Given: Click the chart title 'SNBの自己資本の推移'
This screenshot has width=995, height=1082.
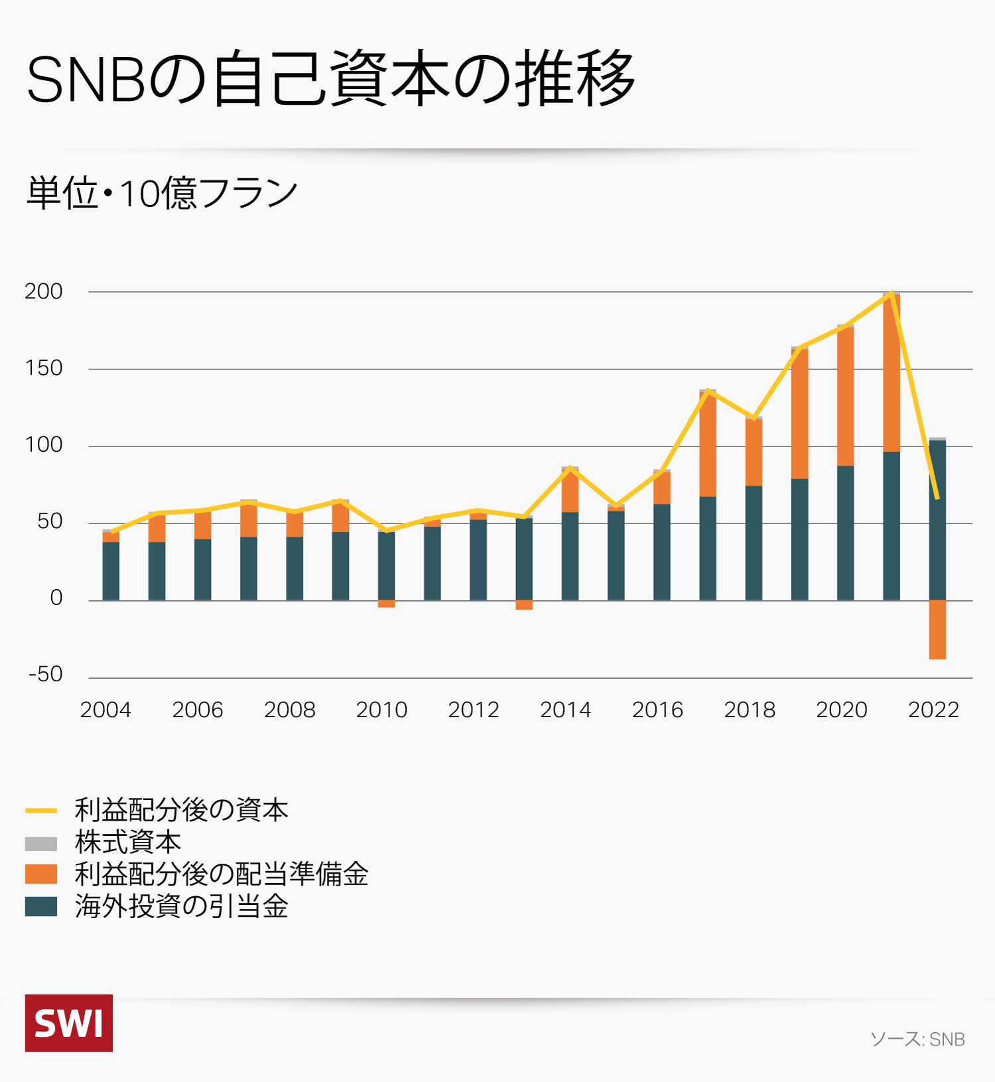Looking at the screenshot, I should pyautogui.click(x=330, y=78).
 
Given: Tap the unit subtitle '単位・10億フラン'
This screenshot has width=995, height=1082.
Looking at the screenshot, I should pyautogui.click(x=162, y=193).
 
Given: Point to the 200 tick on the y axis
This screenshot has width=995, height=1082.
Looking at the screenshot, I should pyautogui.click(x=44, y=291).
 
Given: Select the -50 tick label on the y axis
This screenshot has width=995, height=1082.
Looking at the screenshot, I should pyautogui.click(x=46, y=674).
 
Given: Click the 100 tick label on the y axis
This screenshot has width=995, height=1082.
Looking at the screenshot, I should pyautogui.click(x=44, y=444).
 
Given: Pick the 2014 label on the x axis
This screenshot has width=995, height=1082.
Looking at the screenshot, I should pyautogui.click(x=565, y=710).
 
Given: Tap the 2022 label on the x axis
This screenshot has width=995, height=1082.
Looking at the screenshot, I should pyautogui.click(x=933, y=710).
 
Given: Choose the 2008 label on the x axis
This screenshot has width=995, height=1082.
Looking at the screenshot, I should pyautogui.click(x=289, y=710).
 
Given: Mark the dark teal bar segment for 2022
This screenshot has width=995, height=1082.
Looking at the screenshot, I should pyautogui.click(x=937, y=520).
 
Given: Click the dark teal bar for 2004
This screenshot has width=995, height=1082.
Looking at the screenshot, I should pyautogui.click(x=111, y=571).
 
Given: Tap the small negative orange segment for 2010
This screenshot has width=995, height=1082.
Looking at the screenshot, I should pyautogui.click(x=386, y=604).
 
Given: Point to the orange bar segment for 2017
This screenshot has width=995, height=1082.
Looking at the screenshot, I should pyautogui.click(x=708, y=444).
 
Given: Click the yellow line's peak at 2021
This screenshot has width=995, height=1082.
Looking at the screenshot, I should pyautogui.click(x=892, y=292).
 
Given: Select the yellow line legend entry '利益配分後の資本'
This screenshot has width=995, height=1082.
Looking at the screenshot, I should pyautogui.click(x=180, y=810).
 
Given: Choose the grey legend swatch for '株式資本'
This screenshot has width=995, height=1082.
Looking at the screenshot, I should pyautogui.click(x=41, y=843).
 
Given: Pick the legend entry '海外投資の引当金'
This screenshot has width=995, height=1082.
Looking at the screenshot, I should pyautogui.click(x=180, y=906).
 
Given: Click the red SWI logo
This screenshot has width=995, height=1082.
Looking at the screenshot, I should pyautogui.click(x=69, y=1023).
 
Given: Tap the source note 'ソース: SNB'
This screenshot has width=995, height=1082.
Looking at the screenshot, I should pyautogui.click(x=917, y=1039).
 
